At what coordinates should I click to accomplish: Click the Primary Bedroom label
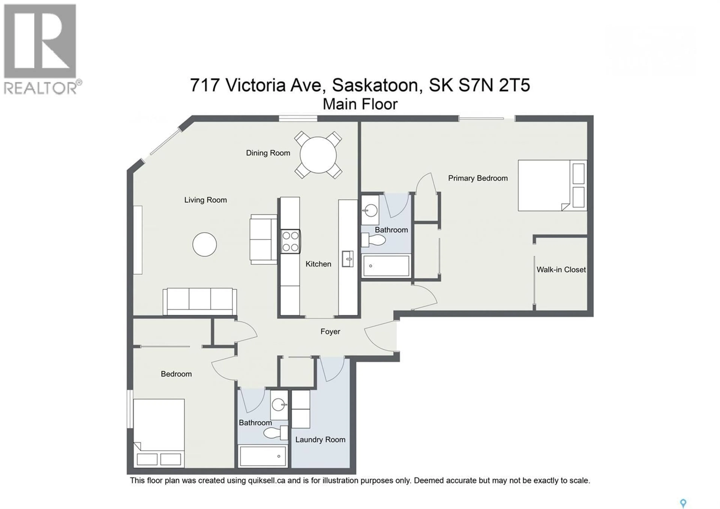tap(478, 178)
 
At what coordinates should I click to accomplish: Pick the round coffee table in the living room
tap(204, 244)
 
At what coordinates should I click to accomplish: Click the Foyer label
tap(330, 332)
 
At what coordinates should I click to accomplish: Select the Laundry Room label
tap(320, 440)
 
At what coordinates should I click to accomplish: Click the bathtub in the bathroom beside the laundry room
tap(262, 456)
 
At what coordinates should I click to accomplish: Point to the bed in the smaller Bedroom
tap(159, 433)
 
